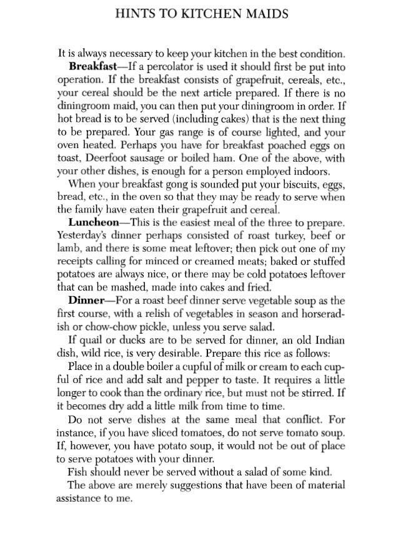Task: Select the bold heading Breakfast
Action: pyautogui.click(x=94, y=66)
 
